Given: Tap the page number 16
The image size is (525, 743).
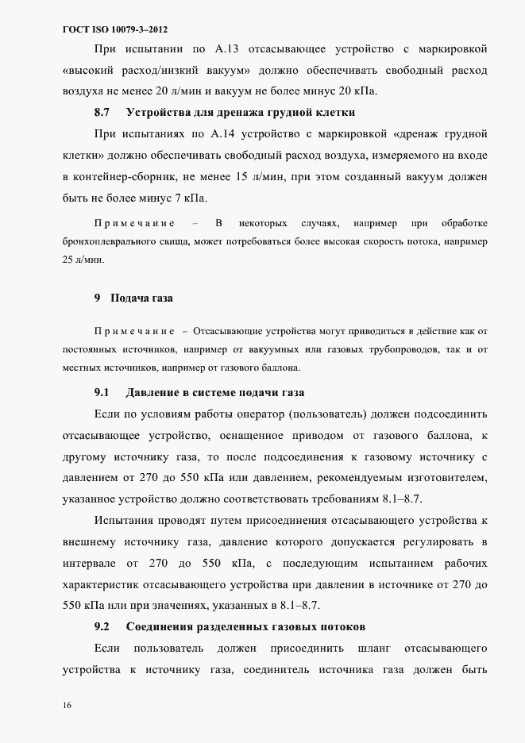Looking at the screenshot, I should point(68,705).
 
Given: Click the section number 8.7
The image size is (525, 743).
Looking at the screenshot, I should point(102,112).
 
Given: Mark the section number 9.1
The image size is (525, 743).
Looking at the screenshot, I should point(101,393).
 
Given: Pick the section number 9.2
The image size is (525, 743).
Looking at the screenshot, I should point(101,626).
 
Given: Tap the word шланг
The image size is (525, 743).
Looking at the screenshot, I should point(373,649).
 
